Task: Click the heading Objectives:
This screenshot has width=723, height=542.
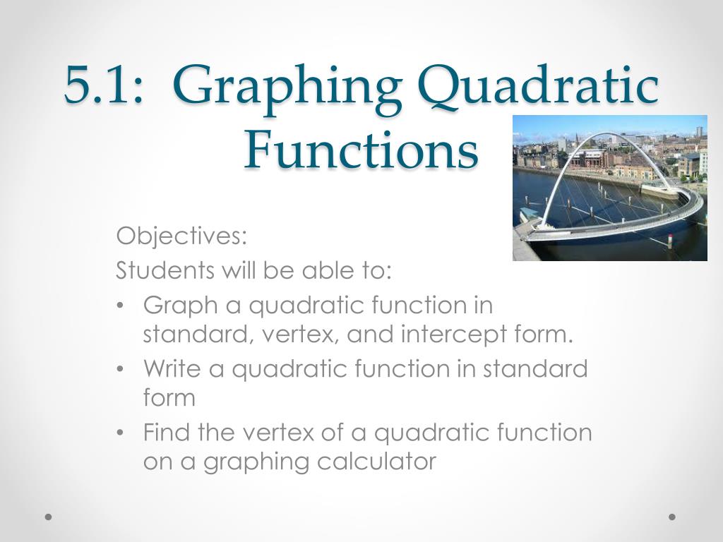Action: tap(181, 236)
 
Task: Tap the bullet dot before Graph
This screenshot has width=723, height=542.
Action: tap(121, 306)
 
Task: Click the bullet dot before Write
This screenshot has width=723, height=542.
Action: tap(121, 369)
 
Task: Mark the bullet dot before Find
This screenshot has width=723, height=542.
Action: tap(121, 433)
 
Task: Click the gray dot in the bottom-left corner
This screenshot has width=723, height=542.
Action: tap(49, 517)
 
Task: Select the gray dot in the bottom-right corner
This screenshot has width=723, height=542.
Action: tap(672, 517)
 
